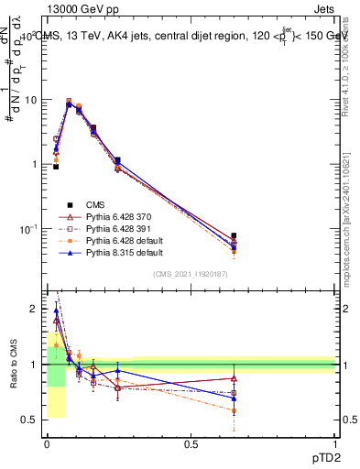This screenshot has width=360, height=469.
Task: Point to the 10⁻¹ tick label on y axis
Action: [27, 229]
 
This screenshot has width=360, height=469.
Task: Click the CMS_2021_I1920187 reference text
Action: [191, 274]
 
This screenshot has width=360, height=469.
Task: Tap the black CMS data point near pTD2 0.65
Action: [234, 235]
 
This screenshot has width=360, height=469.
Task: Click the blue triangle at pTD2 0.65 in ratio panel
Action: [234, 398]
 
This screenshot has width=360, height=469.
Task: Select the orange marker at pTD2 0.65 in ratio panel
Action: [234, 410]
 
